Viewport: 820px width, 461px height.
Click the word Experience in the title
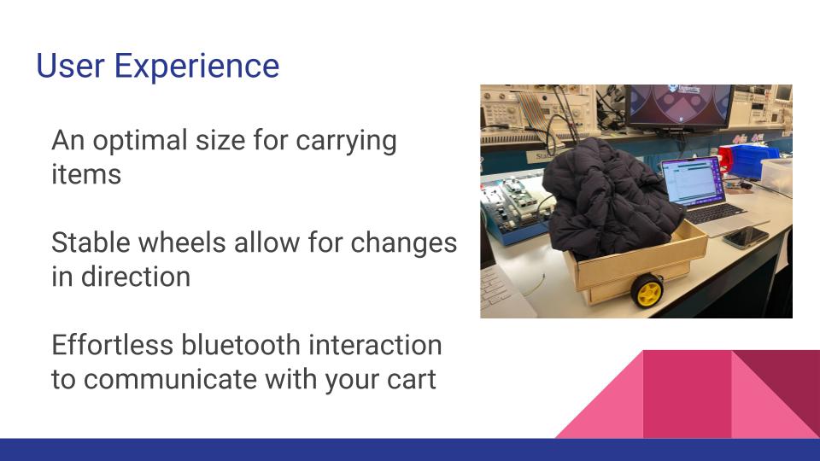pos(196,67)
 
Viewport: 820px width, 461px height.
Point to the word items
pos(86,174)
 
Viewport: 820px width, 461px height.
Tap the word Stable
pos(90,242)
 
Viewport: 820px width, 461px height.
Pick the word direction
pos(136,277)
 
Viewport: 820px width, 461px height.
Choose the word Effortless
pos(112,345)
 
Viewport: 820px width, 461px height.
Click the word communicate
pos(170,379)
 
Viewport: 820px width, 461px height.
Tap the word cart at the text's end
pos(412,379)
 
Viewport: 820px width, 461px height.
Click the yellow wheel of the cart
pos(647,290)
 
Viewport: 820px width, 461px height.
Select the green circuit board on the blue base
pos(513,202)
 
